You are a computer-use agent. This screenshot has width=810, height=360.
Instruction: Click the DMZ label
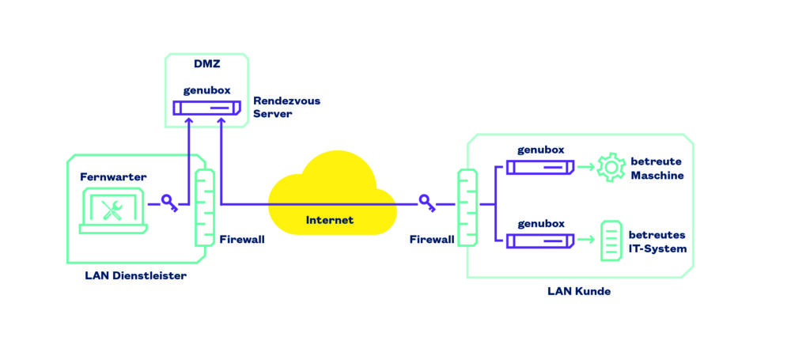click(206, 64)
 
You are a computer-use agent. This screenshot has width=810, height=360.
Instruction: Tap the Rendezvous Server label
click(286, 108)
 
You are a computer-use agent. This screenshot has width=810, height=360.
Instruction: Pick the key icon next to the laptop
click(169, 203)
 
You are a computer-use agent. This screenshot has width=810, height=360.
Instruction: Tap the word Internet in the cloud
click(330, 219)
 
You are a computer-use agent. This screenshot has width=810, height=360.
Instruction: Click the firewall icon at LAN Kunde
click(467, 207)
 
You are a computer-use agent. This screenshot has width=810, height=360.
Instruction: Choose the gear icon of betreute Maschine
click(611, 167)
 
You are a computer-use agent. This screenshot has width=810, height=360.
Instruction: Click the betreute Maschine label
click(657, 168)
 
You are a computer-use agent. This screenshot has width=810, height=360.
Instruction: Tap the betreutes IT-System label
click(657, 241)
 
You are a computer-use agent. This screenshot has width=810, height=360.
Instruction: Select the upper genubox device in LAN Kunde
click(540, 167)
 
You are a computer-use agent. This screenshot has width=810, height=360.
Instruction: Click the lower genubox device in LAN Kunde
click(540, 240)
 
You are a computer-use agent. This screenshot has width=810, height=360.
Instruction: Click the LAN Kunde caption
click(578, 291)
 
